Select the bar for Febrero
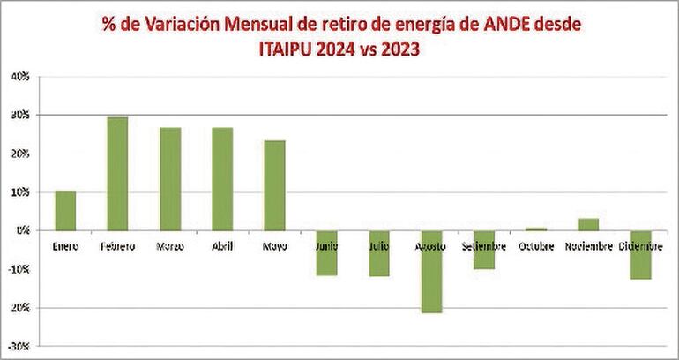tap(117, 174)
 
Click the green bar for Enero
tap(65, 211)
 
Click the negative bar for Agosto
tap(431, 272)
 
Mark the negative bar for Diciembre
tap(641, 255)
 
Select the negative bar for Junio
tap(327, 252)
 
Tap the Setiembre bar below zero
tap(483, 250)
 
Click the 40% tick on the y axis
tap(20, 77)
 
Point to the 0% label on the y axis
tap(23, 230)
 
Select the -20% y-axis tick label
tap(19, 307)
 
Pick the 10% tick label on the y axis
tap(20, 191)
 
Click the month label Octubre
tap(536, 246)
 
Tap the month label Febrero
tap(117, 246)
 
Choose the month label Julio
tap(379, 246)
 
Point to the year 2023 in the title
tap(397, 50)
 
